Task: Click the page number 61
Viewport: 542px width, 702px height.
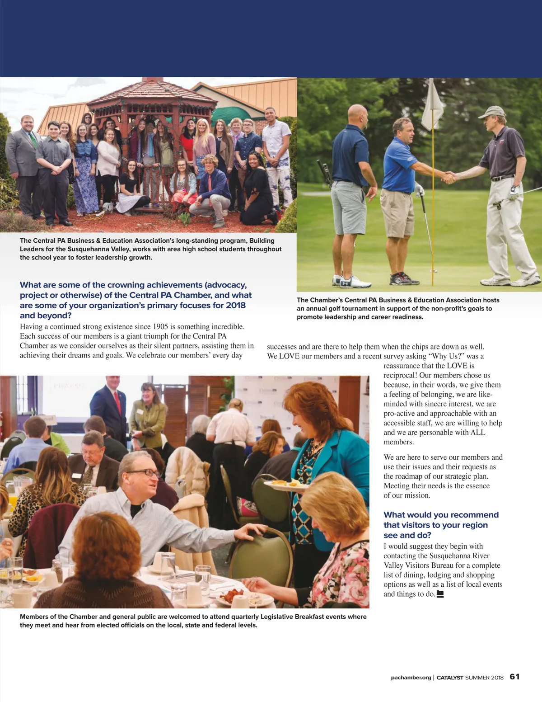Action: [514, 677]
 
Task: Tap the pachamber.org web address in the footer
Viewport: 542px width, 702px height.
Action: [411, 678]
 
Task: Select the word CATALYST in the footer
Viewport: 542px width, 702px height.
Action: [450, 678]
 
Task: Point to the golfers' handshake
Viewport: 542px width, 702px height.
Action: [449, 177]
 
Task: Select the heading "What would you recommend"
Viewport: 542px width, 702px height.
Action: [441, 515]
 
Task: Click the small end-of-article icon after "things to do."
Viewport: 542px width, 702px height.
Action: [440, 594]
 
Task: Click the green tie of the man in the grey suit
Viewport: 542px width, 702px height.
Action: [33, 138]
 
